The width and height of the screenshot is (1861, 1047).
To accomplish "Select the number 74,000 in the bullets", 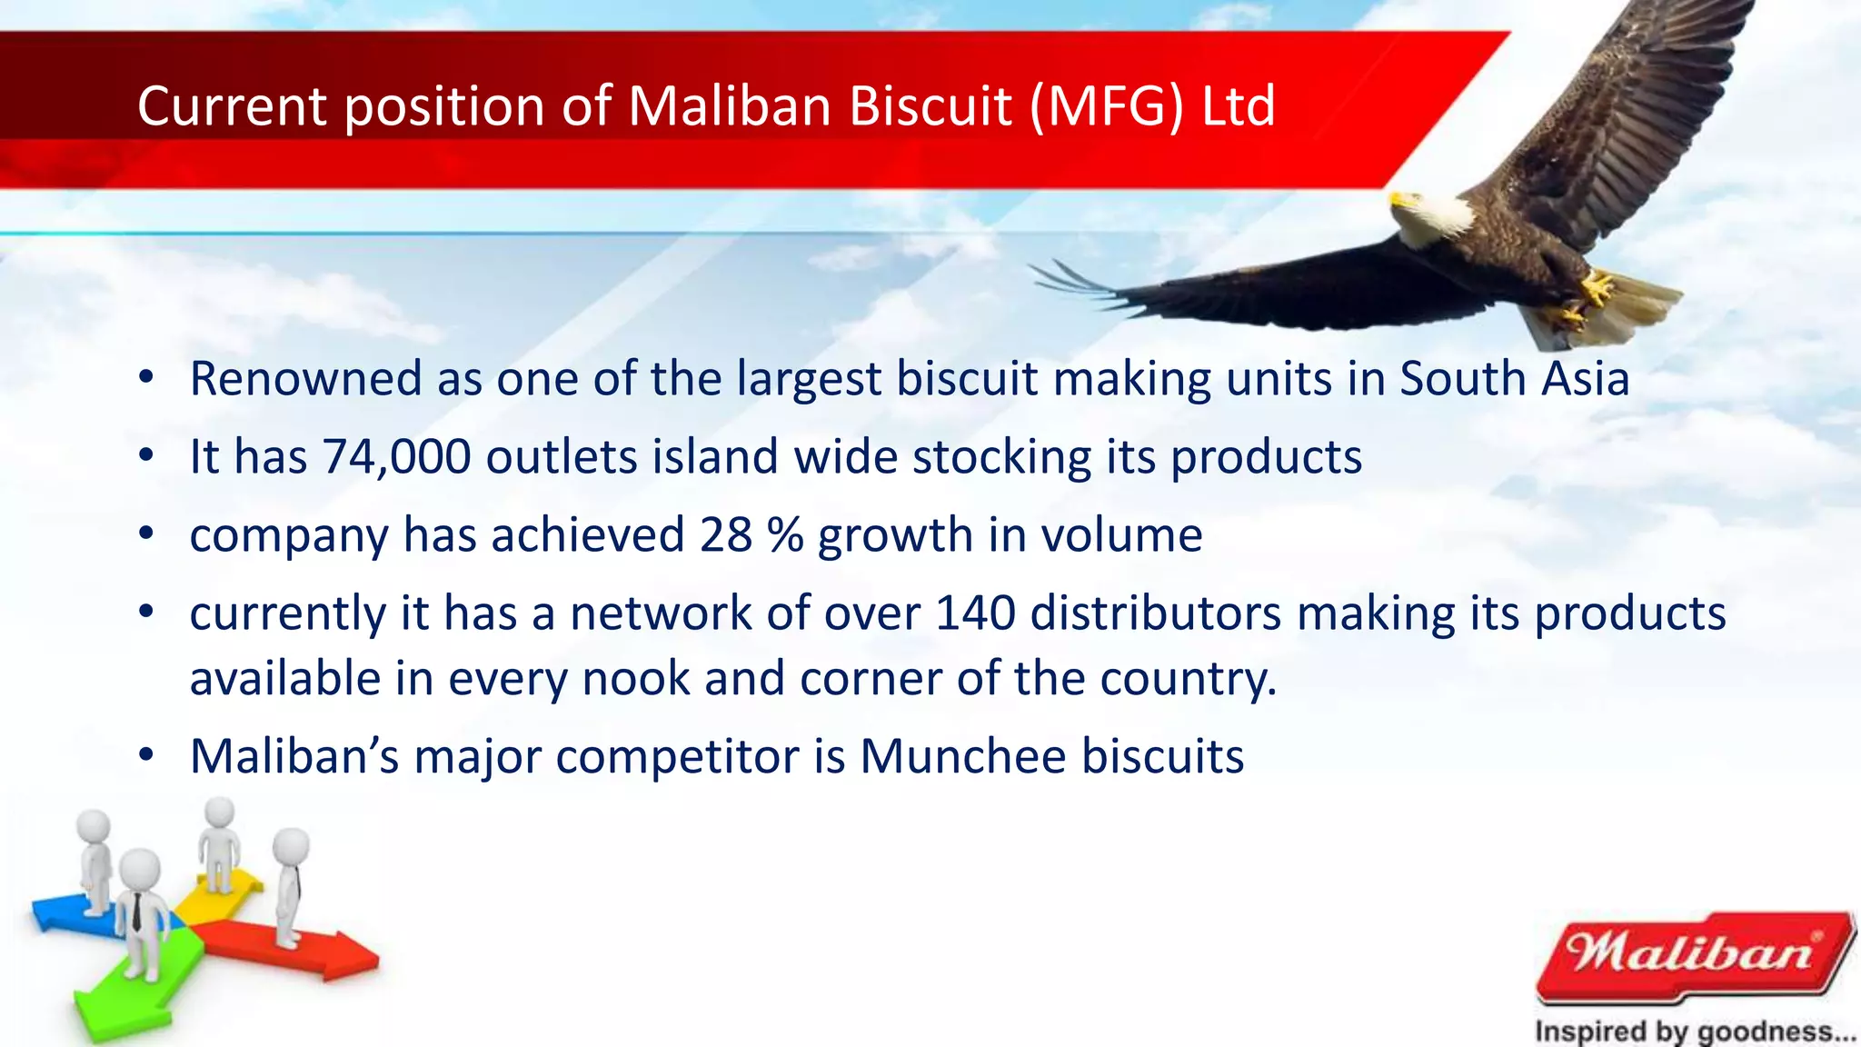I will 396,456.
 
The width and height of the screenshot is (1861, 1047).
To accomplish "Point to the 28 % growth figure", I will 751,534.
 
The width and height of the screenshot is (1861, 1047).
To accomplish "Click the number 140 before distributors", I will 975,613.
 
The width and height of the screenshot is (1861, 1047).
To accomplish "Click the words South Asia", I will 1514,378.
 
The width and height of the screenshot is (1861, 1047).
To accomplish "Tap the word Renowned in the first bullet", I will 305,378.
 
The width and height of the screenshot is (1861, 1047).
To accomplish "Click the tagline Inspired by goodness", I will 1694,1032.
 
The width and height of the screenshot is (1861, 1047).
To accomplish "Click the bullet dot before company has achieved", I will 146,534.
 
